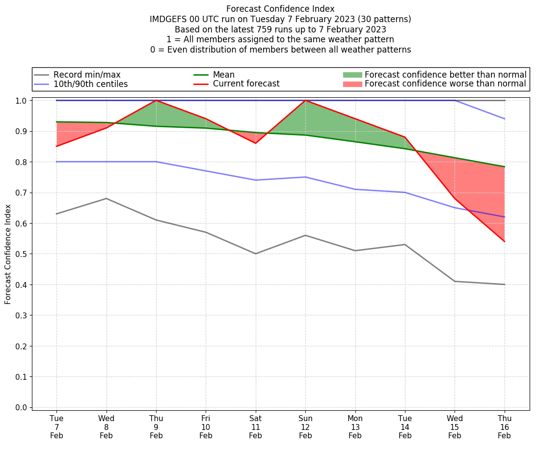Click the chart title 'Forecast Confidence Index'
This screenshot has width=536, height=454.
click(280, 9)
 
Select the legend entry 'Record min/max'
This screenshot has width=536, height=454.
click(86, 75)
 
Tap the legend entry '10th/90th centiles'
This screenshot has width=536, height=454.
click(90, 84)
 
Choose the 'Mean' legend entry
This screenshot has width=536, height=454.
click(223, 75)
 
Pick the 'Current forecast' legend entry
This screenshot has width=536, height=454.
click(246, 84)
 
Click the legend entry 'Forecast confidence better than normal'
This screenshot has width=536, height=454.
click(445, 75)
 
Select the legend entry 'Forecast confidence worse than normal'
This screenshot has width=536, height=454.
click(445, 84)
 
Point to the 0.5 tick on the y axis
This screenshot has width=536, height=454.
click(22, 254)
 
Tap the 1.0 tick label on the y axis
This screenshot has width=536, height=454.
click(22, 101)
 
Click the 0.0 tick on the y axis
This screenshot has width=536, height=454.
click(22, 407)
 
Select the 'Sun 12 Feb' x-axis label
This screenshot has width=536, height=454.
click(305, 426)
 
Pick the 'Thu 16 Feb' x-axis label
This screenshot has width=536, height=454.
click(505, 426)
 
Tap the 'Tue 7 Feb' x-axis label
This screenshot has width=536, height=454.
click(56, 426)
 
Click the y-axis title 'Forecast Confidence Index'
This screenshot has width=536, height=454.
click(8, 254)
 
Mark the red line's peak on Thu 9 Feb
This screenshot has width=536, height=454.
click(156, 100)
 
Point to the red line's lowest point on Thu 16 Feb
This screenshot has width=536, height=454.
click(505, 242)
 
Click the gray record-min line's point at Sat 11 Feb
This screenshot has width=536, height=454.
click(256, 254)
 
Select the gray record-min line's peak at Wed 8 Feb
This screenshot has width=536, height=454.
click(107, 199)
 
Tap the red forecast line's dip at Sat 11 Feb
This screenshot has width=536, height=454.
click(256, 143)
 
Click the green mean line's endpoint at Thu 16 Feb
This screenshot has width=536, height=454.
click(505, 167)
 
